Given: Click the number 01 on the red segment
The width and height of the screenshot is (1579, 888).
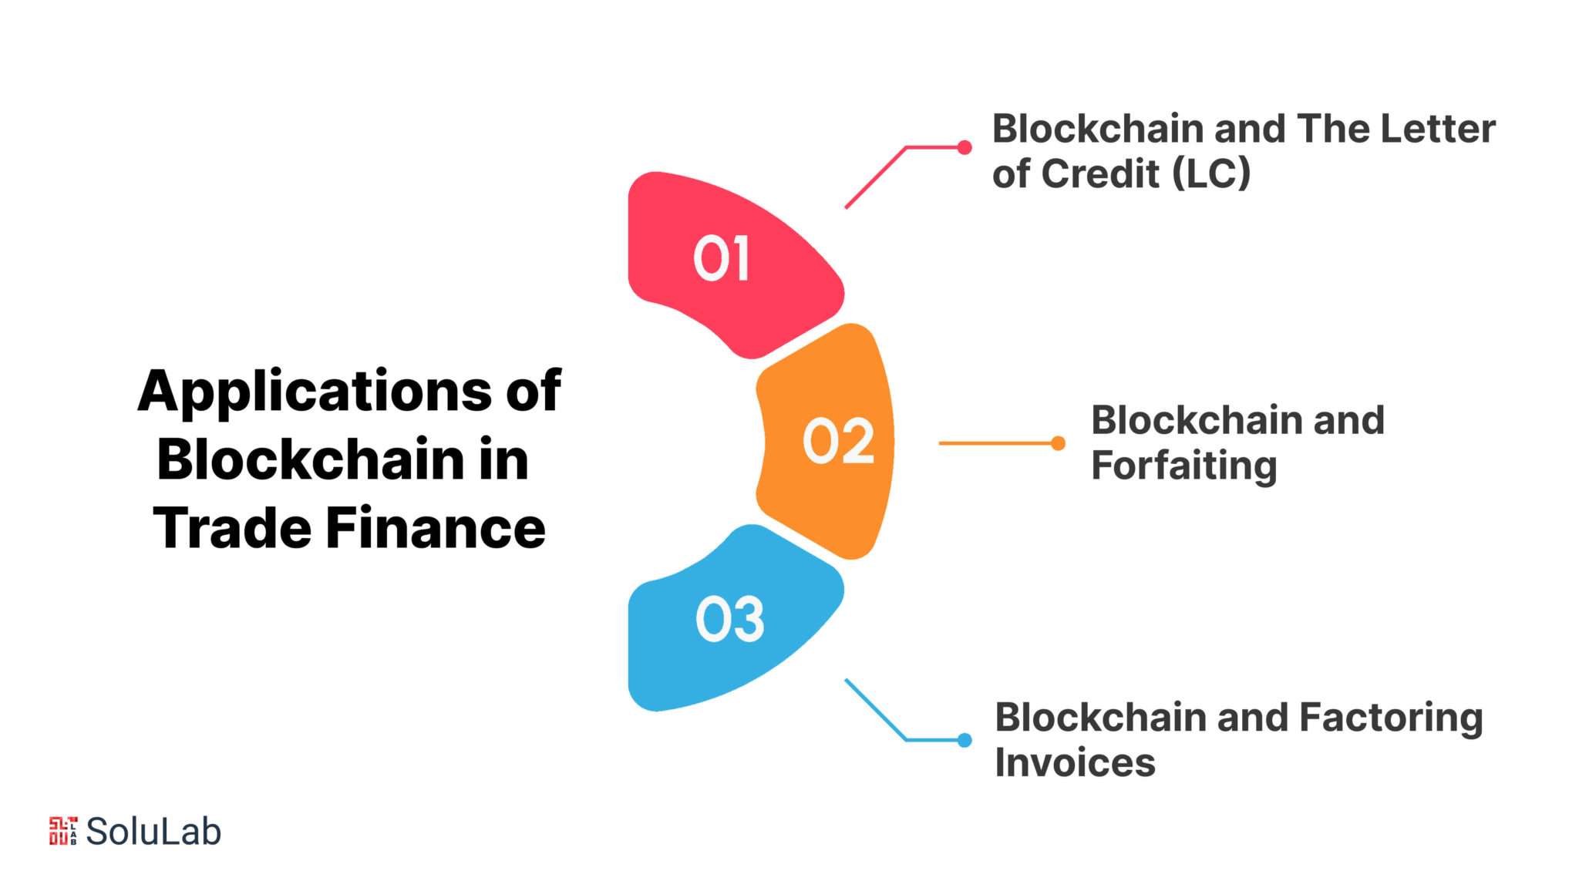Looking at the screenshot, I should coord(721,258).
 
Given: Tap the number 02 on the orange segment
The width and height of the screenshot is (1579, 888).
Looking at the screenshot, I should coord(838,441).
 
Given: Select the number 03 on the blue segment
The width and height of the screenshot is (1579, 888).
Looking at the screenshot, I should coord(729,619).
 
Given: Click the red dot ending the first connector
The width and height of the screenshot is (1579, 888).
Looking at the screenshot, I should coord(965,147).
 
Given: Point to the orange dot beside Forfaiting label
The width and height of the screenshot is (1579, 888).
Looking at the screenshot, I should coord(1058,443).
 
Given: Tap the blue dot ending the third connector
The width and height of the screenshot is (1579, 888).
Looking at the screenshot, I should coord(965,740).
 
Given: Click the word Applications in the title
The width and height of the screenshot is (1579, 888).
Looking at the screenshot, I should coord(315,392).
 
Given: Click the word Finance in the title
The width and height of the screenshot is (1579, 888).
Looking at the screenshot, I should coord(435,529).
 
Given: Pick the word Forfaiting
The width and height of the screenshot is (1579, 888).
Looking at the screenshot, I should coord(1183,466).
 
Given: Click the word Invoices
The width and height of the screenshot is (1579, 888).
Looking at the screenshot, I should coord(1075,762).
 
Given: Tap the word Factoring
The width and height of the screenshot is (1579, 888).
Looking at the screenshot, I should coord(1391,718).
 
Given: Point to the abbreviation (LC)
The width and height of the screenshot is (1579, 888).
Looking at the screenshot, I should coord(1211,173).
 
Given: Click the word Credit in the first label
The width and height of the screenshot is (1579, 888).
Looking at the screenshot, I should coord(1101,173).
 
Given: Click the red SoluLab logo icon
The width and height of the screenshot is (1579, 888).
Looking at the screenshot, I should coord(63,831).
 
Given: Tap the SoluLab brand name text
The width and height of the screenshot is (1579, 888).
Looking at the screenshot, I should coord(153,831).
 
